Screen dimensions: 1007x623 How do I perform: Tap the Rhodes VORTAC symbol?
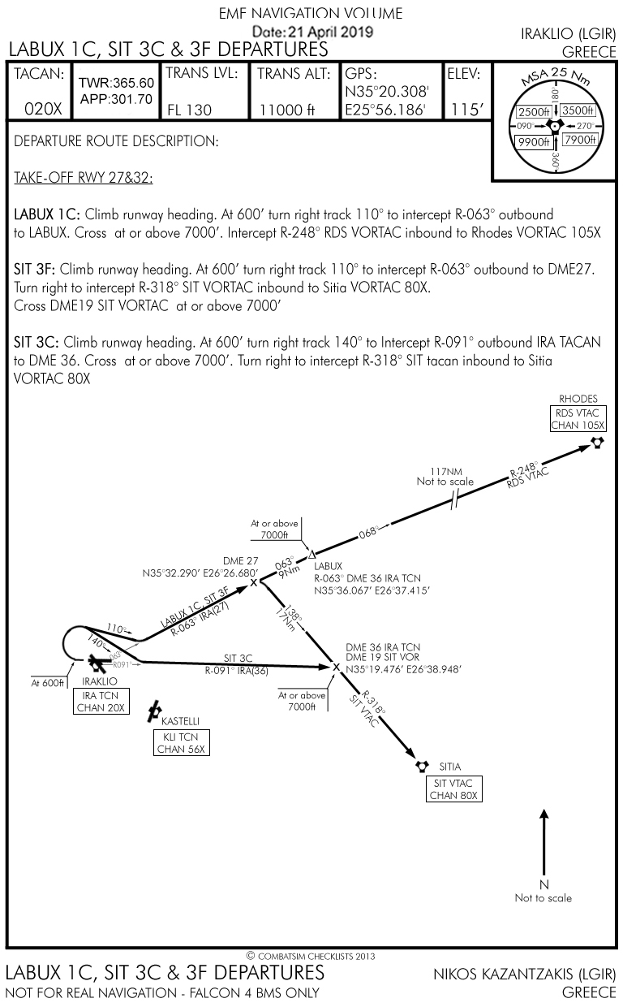[598, 443]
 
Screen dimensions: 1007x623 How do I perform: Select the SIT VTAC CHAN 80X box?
[454, 789]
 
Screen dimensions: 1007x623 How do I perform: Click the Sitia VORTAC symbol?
[422, 766]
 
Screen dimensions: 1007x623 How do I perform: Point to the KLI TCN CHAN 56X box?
[181, 742]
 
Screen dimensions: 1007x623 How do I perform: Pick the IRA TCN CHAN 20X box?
[101, 702]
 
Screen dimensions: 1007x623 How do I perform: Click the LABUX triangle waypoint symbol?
[312, 554]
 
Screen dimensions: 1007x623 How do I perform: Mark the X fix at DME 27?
[254, 582]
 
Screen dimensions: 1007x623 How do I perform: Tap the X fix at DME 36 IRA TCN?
[337, 667]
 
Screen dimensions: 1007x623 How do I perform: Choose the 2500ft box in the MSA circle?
[534, 111]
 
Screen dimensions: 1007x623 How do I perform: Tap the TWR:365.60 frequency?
[116, 84]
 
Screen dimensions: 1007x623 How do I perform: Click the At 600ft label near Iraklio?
[48, 683]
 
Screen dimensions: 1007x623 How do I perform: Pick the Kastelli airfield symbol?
[153, 712]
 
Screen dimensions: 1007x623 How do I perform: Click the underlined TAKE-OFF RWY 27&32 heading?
[84, 178]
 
